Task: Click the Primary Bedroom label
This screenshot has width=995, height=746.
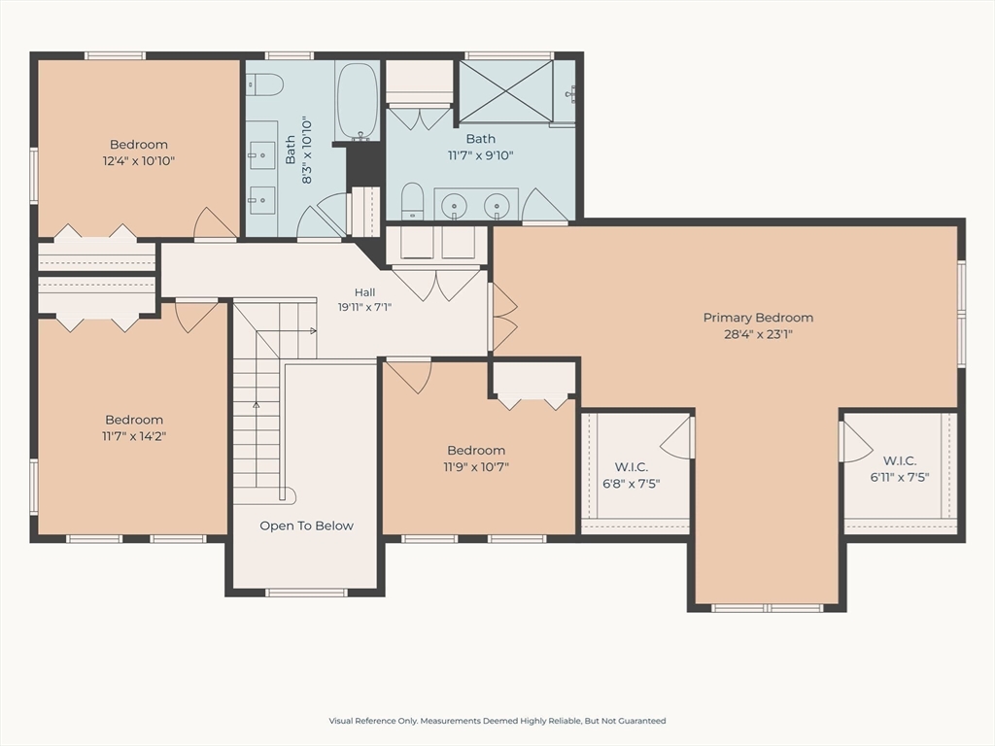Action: click(758, 318)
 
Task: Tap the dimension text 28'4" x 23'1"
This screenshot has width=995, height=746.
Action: click(758, 334)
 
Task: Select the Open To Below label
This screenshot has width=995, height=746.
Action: click(306, 526)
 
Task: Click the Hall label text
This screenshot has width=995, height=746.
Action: click(365, 292)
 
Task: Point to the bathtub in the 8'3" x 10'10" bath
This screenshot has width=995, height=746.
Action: click(358, 101)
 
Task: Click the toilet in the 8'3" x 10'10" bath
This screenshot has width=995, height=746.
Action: click(264, 84)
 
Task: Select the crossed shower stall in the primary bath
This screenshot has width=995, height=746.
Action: click(505, 90)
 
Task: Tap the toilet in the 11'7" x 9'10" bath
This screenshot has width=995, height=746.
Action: click(412, 201)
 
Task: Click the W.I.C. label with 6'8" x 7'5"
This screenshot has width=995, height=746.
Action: click(631, 467)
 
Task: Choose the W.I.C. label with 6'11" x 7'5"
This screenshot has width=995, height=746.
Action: click(899, 460)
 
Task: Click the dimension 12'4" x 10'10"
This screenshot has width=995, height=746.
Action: click(138, 160)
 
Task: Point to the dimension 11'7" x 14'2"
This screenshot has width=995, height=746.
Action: click(134, 436)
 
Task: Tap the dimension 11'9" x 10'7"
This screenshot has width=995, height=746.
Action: click(476, 467)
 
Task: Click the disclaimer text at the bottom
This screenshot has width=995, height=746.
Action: click(497, 721)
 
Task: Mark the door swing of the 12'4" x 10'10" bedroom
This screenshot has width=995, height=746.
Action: click(215, 222)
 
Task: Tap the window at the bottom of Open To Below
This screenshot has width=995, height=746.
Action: click(306, 593)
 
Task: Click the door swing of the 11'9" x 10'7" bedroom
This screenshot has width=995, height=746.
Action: click(409, 376)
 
